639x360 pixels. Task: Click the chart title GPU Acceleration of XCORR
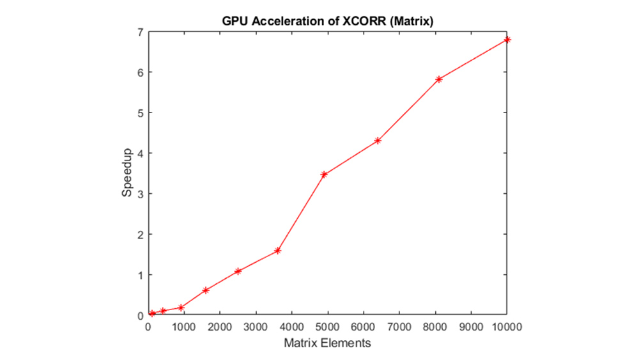[328, 20]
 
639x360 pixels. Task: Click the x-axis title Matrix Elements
[327, 343]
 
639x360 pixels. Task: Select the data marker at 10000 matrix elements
[507, 40]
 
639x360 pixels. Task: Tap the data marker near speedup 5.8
[439, 79]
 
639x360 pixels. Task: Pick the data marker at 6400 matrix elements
[378, 141]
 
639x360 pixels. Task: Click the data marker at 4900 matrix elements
[324, 174]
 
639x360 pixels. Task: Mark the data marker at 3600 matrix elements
[277, 251]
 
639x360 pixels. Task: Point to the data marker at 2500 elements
[238, 271]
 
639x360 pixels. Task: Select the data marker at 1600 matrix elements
[206, 290]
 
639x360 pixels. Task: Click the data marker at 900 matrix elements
[181, 308]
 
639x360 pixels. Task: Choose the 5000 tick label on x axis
[328, 327]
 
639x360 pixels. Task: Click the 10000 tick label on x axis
[507, 327]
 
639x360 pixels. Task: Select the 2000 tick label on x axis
[220, 327]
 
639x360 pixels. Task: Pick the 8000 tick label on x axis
[435, 327]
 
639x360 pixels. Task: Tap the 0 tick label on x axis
[148, 327]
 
